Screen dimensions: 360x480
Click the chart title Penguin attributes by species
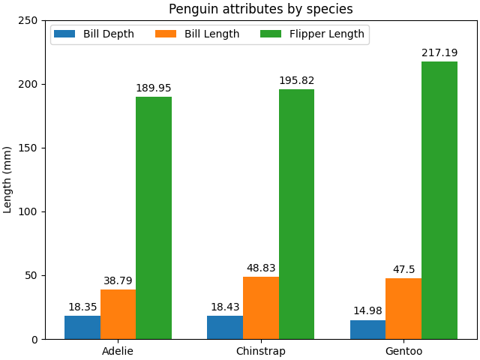pos(260,9)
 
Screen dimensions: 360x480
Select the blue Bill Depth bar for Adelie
pos(82,327)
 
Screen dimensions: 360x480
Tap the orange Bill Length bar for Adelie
pos(118,314)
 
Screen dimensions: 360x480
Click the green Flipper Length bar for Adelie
pos(154,217)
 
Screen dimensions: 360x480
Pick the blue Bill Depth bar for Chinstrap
pos(225,327)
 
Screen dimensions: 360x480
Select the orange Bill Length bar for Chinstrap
pos(261,307)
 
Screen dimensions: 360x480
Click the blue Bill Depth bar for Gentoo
pos(367,329)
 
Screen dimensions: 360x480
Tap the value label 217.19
pos(439,53)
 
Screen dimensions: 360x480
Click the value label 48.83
pos(261,268)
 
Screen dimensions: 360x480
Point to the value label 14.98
pos(367,311)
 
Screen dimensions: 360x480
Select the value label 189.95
pos(154,88)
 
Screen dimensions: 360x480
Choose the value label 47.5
pos(403,269)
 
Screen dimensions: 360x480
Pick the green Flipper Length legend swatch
pos(271,34)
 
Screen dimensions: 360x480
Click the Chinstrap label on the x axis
pos(261,351)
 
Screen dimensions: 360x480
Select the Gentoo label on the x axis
pos(403,351)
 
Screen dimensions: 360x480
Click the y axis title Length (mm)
pos(8,179)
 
